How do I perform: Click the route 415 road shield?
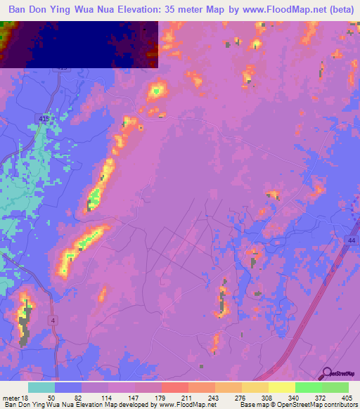coord(45,119)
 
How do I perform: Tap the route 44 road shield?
coord(349,241)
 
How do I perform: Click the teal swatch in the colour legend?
coord(41,387)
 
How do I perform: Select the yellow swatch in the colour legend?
coord(281,387)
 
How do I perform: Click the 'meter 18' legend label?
coord(15,397)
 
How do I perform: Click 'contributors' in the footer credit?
coord(340,405)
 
